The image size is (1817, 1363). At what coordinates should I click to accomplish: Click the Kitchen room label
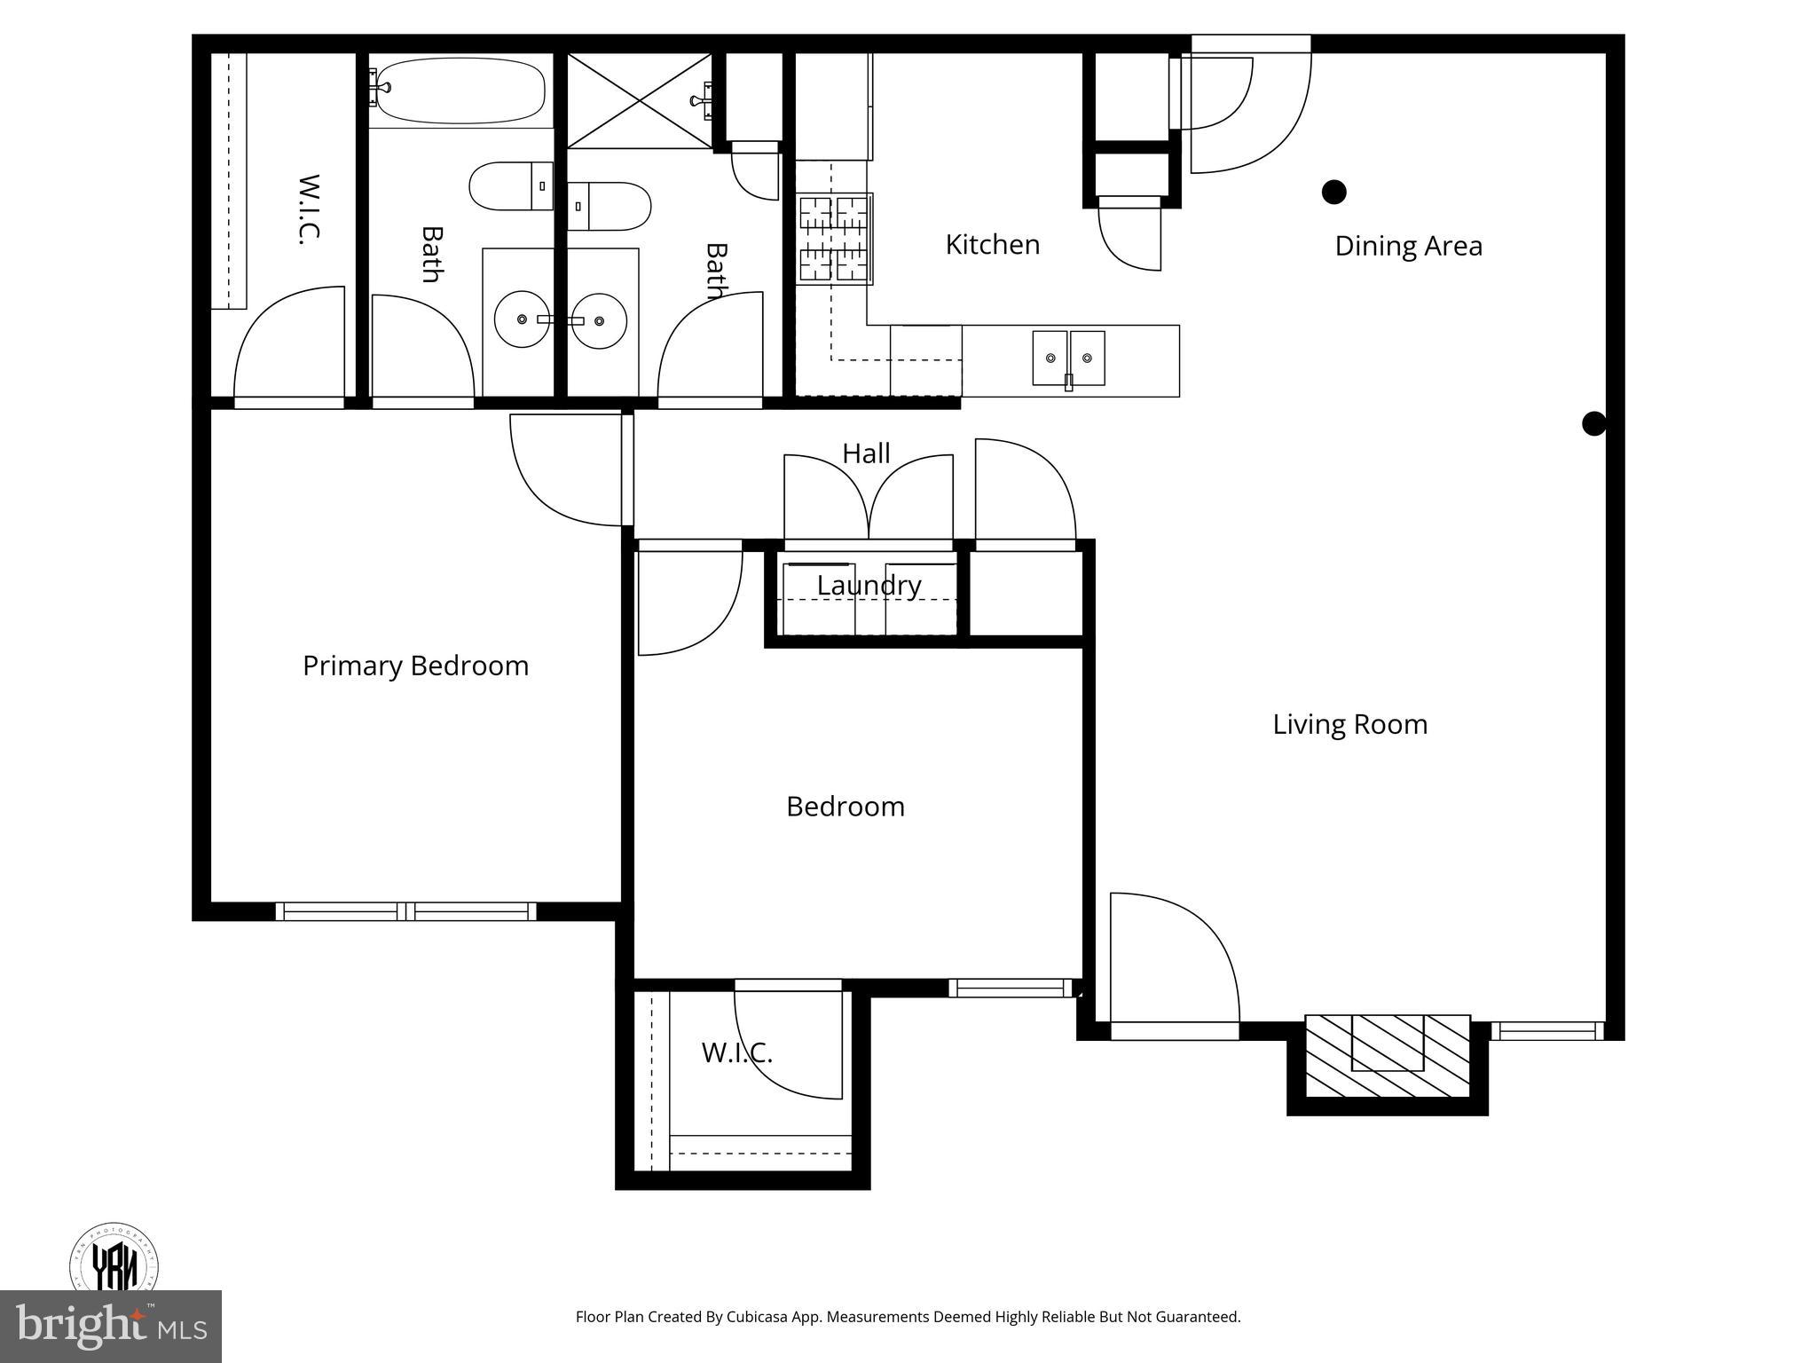tap(992, 244)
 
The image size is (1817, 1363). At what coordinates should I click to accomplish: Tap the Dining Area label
tap(1408, 246)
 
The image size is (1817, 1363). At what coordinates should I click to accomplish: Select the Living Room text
tap(1349, 724)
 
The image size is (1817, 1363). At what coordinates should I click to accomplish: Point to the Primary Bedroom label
tap(415, 666)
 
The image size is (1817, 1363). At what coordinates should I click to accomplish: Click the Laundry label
tap(869, 585)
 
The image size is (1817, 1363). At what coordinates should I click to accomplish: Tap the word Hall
tap(866, 453)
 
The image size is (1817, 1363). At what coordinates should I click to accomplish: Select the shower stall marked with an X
tap(639, 100)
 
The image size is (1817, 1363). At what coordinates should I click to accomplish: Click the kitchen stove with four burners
tap(834, 239)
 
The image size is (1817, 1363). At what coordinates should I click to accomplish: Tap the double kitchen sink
tap(1068, 358)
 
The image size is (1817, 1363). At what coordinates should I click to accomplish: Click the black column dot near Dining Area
tap(1333, 192)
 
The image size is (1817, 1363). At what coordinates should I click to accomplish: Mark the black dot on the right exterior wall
tap(1593, 424)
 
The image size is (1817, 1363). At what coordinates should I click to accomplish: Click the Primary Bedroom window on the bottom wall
tap(406, 911)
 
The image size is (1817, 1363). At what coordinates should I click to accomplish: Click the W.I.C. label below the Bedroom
tap(736, 1053)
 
